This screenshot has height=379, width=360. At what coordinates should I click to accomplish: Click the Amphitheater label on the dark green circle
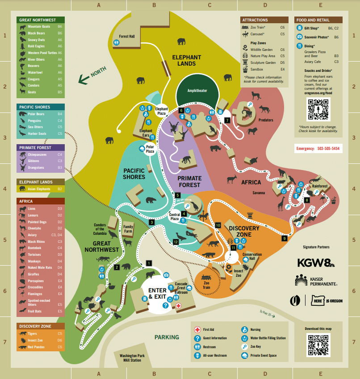197,91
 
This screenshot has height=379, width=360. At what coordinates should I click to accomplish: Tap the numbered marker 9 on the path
284,238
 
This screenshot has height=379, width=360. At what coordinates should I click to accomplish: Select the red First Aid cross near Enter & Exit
178,306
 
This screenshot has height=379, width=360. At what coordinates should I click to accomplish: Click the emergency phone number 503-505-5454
328,148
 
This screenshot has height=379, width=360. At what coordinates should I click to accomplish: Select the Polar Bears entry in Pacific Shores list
36,114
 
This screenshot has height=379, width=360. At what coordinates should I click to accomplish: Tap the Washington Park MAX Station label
132,358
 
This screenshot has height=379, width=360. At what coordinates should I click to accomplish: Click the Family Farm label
128,229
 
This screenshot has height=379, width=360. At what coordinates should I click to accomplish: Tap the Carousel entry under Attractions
258,33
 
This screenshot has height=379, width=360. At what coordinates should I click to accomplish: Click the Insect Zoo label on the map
239,273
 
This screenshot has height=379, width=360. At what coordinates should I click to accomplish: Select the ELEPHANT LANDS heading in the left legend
36,182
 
